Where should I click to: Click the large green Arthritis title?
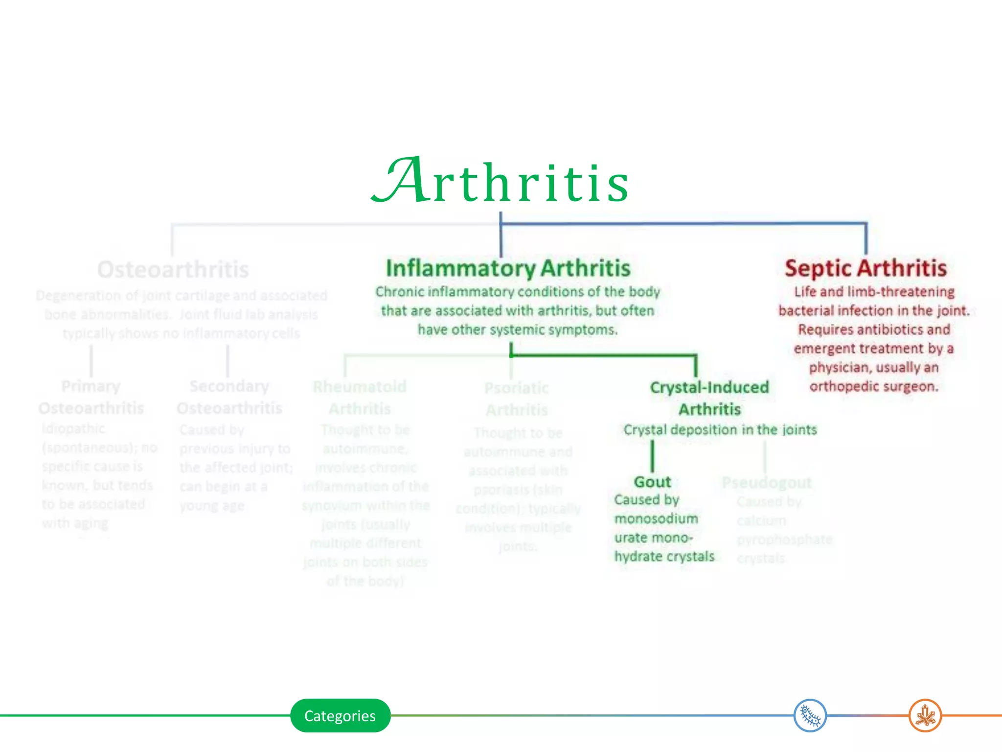tap(500, 181)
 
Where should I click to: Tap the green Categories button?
tap(340, 716)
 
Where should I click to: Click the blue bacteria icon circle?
tap(810, 716)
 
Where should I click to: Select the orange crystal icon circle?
tap(925, 716)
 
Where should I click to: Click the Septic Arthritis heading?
tap(865, 268)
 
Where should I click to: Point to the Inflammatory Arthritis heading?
tap(508, 268)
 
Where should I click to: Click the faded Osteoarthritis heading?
tap(173, 270)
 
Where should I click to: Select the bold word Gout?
tap(652, 482)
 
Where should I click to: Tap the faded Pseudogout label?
tap(767, 483)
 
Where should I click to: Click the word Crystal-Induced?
tap(709, 387)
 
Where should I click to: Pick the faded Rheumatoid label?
tap(360, 387)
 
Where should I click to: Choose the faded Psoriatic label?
tap(517, 388)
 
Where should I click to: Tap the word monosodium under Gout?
tap(656, 519)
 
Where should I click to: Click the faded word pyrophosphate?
tap(784, 540)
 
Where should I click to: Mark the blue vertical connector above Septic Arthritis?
tap(866, 239)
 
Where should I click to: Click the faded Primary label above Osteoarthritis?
tap(91, 386)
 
